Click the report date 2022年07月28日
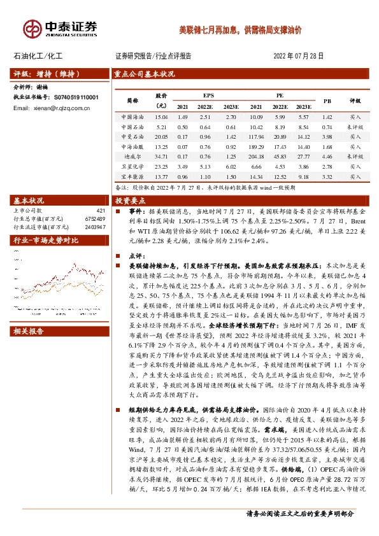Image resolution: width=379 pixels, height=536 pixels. tap(299, 56)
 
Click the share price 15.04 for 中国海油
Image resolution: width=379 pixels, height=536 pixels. tap(161, 118)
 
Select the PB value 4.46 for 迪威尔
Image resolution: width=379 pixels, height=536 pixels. tap(327, 157)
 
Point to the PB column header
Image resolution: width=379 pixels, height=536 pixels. tap(327, 101)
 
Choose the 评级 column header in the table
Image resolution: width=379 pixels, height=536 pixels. tap(355, 101)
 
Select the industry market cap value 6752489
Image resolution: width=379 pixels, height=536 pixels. tap(94, 218)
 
